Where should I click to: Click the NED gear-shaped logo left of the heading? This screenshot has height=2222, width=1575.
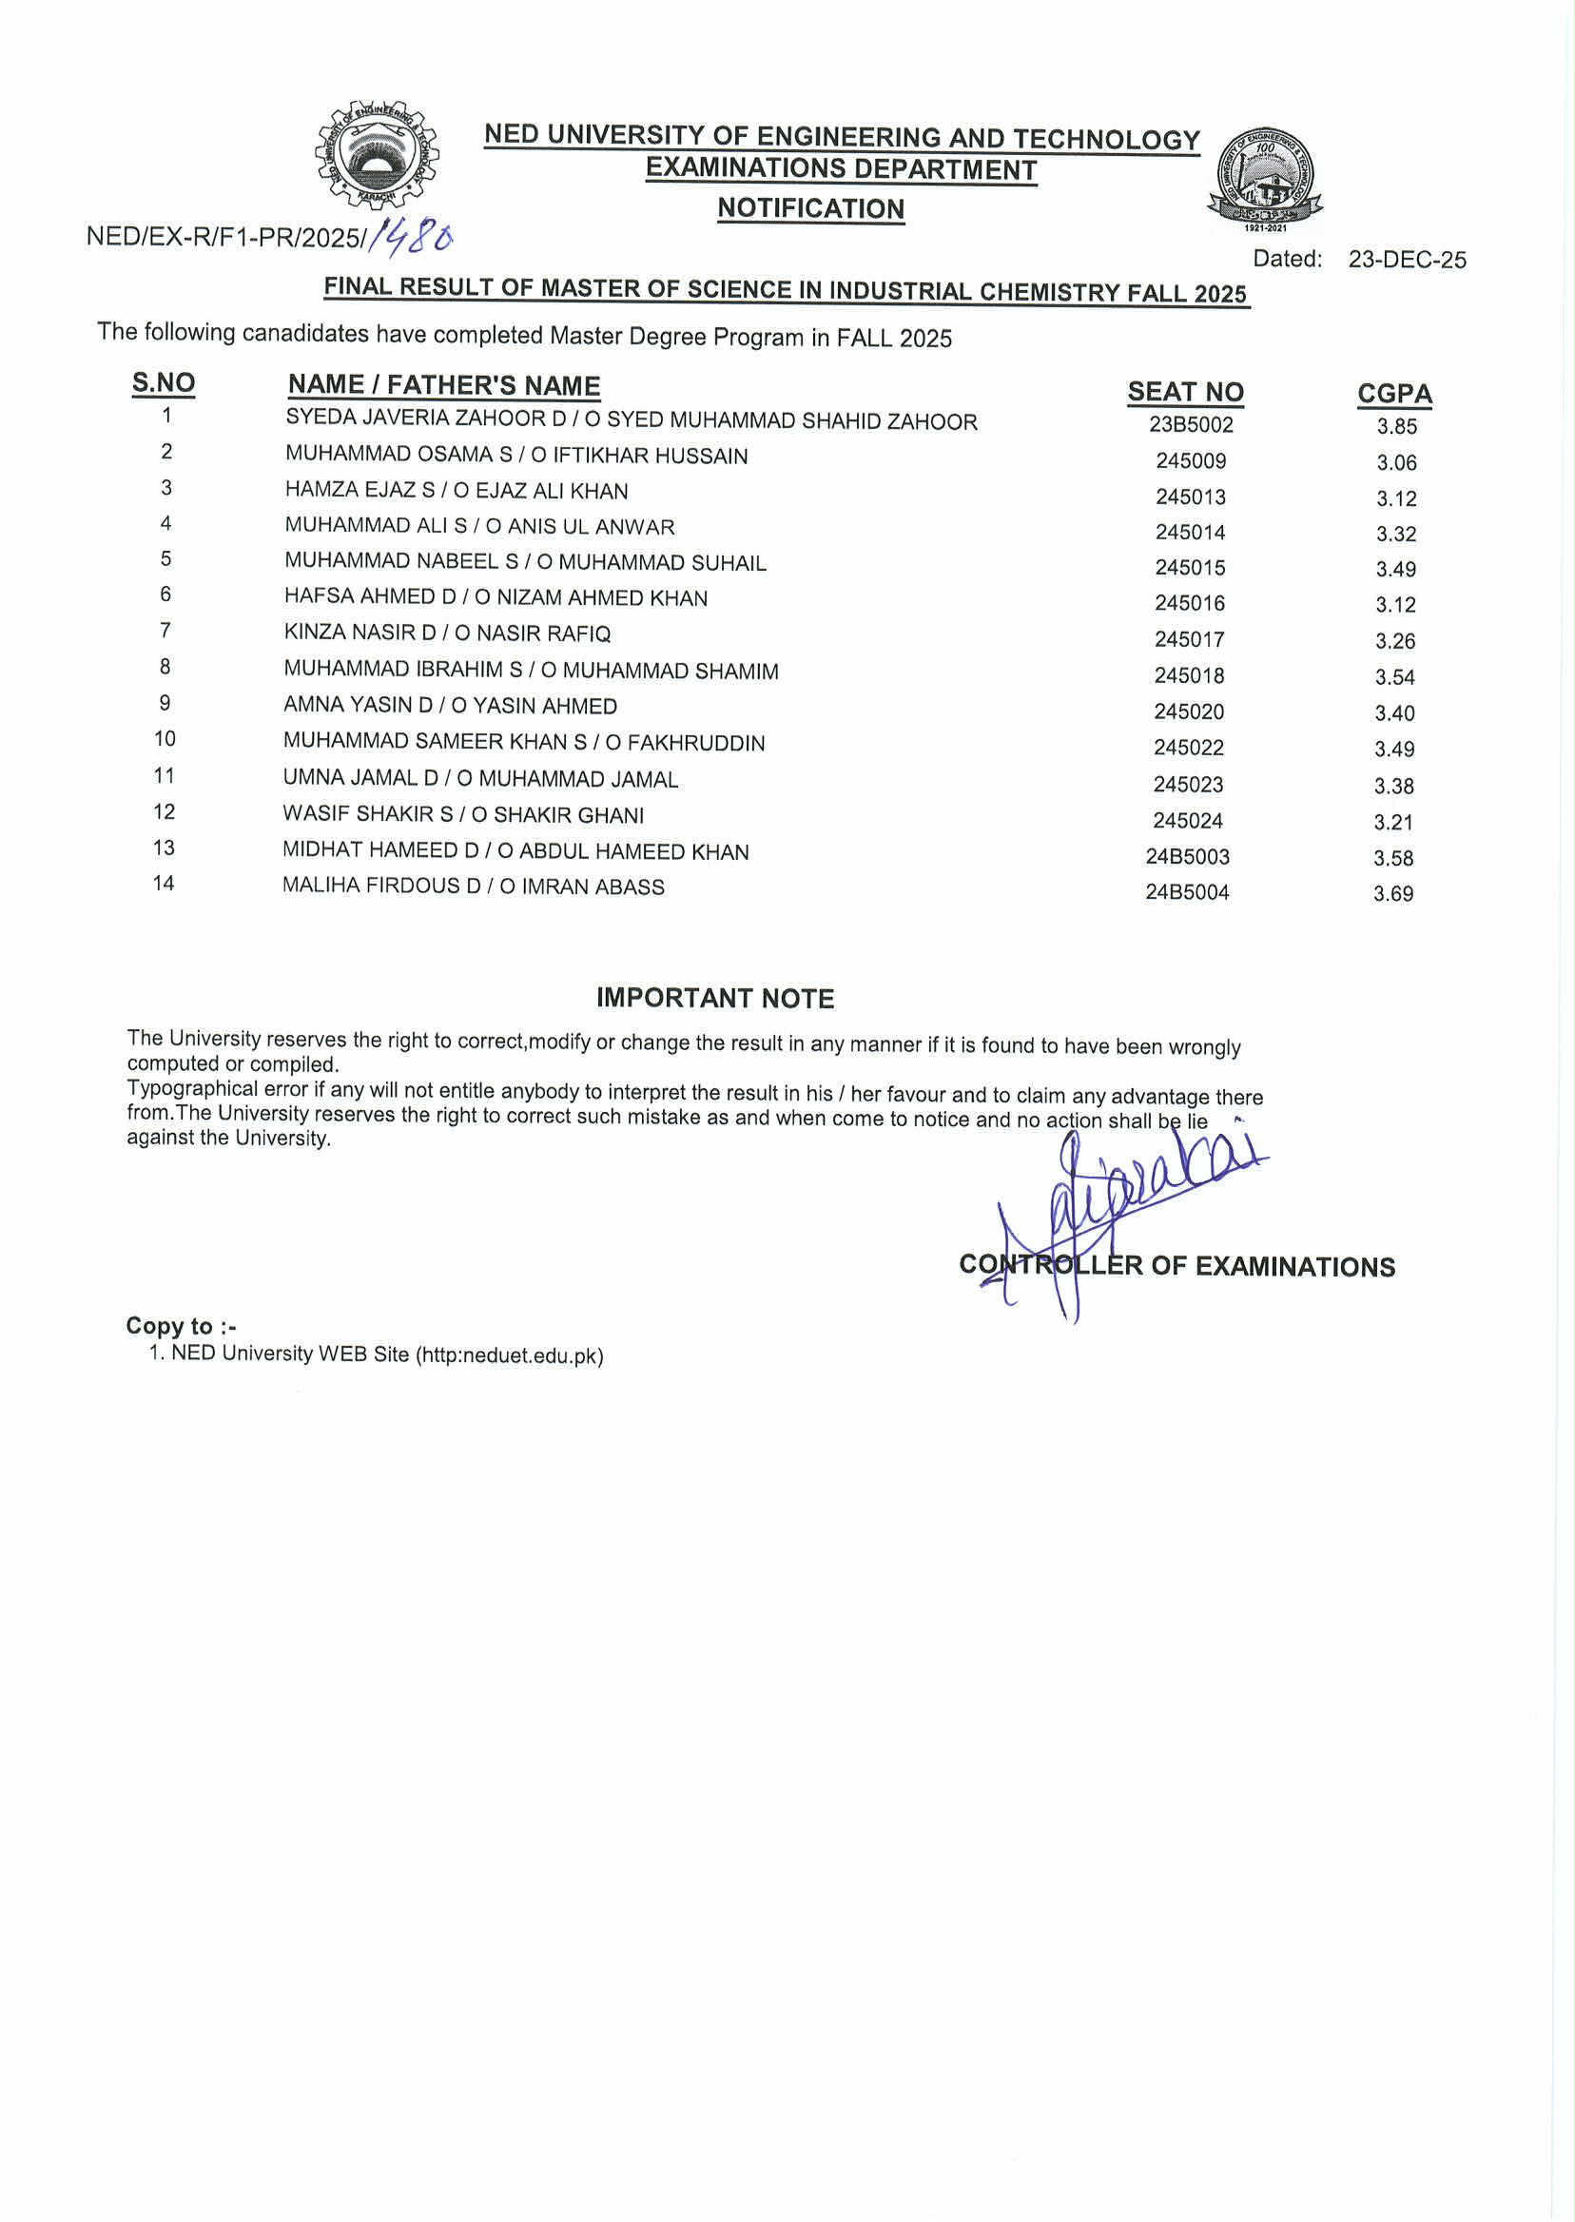(377, 154)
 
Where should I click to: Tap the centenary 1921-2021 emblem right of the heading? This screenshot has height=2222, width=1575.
(1265, 178)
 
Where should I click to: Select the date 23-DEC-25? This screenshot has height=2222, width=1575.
(1407, 260)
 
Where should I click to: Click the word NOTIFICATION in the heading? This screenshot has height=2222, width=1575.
(810, 208)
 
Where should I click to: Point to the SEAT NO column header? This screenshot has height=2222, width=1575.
(1185, 392)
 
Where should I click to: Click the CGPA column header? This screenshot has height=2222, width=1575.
(1393, 394)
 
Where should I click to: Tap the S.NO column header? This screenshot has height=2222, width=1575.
(163, 383)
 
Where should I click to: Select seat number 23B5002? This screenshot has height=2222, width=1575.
(1191, 425)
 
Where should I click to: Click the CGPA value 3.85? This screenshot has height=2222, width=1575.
(1396, 427)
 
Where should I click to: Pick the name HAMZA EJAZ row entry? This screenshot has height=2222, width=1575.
(456, 491)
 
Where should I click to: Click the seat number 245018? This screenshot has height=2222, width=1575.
(1189, 676)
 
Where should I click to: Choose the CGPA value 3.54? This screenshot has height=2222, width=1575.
(1394, 677)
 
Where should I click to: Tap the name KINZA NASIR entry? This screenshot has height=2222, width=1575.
(447, 633)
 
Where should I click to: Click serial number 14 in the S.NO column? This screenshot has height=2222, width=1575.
(164, 884)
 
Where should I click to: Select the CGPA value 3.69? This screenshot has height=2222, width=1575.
(1392, 894)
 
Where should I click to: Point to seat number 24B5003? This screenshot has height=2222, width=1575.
(1187, 857)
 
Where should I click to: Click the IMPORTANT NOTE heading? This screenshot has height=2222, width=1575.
(715, 998)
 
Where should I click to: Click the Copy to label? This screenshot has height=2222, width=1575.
(181, 1326)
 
